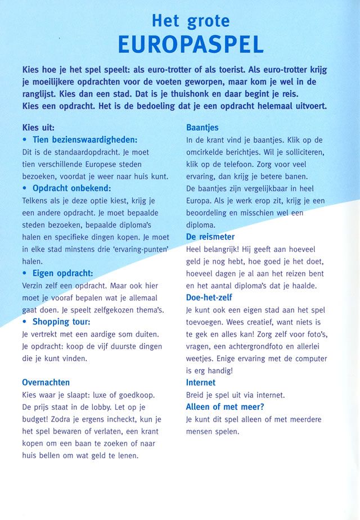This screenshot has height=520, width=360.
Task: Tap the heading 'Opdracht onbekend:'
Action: point(71,188)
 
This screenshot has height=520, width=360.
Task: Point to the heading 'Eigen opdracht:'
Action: point(62,273)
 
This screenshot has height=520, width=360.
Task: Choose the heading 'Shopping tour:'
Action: point(61,322)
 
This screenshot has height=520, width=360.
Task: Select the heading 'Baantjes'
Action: point(202,128)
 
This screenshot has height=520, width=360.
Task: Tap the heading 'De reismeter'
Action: point(210,237)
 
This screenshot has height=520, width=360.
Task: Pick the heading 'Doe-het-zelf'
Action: point(209,297)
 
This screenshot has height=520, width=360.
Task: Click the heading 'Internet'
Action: point(201,382)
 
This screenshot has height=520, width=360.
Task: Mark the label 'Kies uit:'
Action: point(38,128)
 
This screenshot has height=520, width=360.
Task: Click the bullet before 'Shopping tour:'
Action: point(25,323)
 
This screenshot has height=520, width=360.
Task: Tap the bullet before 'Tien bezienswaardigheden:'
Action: point(25,140)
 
